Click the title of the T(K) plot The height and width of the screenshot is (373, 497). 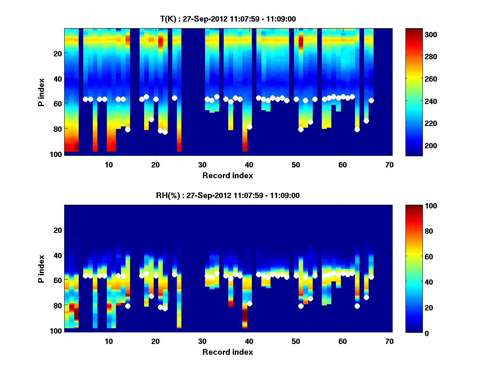(227, 19)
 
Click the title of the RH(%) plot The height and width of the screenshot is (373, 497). (227, 195)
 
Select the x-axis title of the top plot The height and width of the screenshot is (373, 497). (227, 175)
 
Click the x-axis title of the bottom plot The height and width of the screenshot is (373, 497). (227, 352)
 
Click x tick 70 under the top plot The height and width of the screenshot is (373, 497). (389, 165)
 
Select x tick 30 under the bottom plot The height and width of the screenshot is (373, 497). (202, 341)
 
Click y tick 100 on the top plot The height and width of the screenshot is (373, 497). (57, 154)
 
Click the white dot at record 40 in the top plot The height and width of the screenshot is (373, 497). (249, 127)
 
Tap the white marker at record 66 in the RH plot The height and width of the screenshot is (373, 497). (371, 277)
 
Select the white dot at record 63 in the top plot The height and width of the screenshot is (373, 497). (357, 129)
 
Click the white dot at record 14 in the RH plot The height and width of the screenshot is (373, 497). (128, 306)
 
